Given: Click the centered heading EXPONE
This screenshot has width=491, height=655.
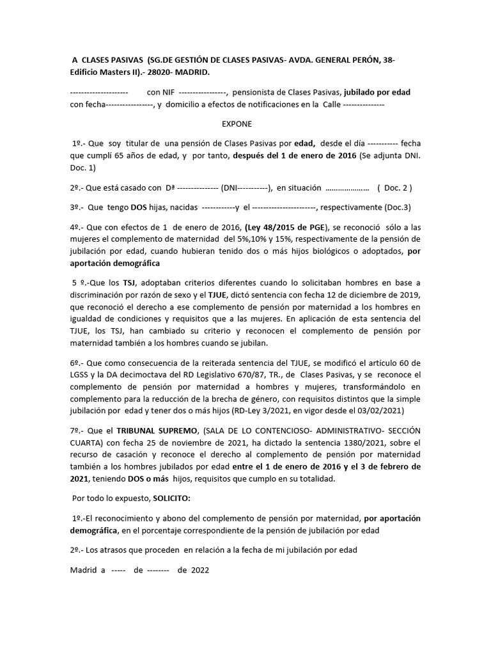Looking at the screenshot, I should point(237,123).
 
